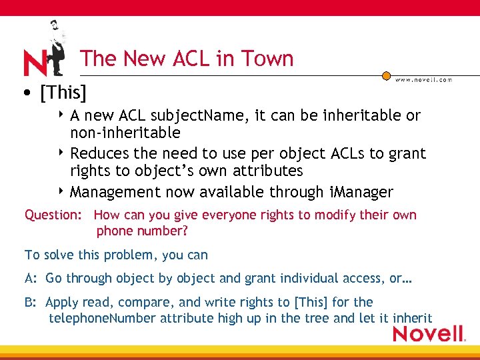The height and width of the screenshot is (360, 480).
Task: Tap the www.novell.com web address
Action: (x=423, y=79)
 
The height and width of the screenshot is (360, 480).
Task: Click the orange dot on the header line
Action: (x=386, y=76)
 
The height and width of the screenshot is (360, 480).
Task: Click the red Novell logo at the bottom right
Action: (x=428, y=333)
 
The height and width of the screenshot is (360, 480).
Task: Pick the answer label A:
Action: (x=31, y=279)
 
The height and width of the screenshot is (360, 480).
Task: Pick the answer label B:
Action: (x=31, y=302)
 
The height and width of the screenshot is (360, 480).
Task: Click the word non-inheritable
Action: (x=125, y=133)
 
